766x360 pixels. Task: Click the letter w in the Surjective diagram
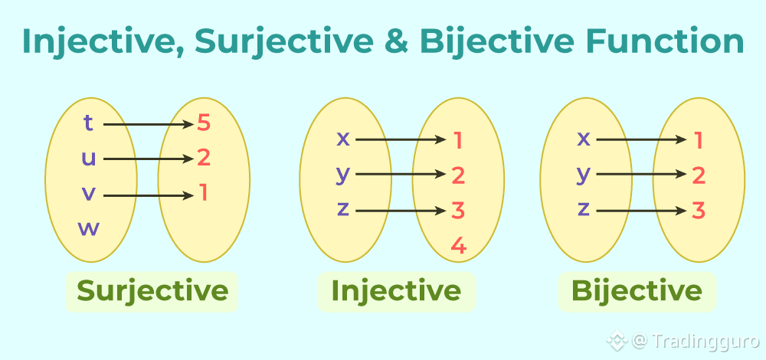tap(89, 228)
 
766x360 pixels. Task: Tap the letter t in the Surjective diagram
tap(89, 123)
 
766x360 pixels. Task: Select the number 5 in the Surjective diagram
tap(203, 123)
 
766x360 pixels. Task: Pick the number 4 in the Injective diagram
tap(458, 246)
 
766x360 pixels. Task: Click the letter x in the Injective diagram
tap(343, 139)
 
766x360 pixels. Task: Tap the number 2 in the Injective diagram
tap(458, 175)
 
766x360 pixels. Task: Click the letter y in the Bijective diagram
tap(584, 175)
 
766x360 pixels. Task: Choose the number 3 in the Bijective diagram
tap(699, 211)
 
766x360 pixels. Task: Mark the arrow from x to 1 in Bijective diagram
tap(640, 140)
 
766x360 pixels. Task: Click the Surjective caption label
tap(152, 291)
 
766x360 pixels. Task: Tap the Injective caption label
tap(396, 291)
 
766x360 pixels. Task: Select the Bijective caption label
tap(637, 291)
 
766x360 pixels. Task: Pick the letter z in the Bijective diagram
tap(584, 208)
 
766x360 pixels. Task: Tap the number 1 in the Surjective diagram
tap(204, 193)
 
